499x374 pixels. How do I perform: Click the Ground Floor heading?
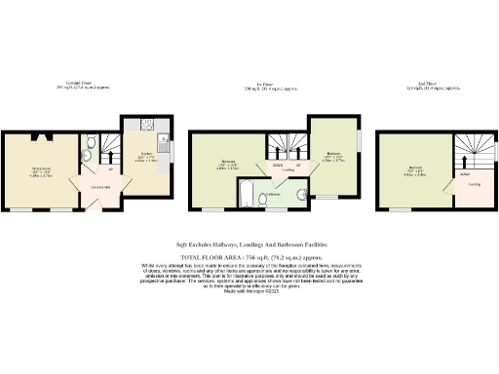[x=79, y=84]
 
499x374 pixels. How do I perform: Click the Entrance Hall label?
[x=99, y=187]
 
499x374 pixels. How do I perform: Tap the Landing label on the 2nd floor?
[x=474, y=182]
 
